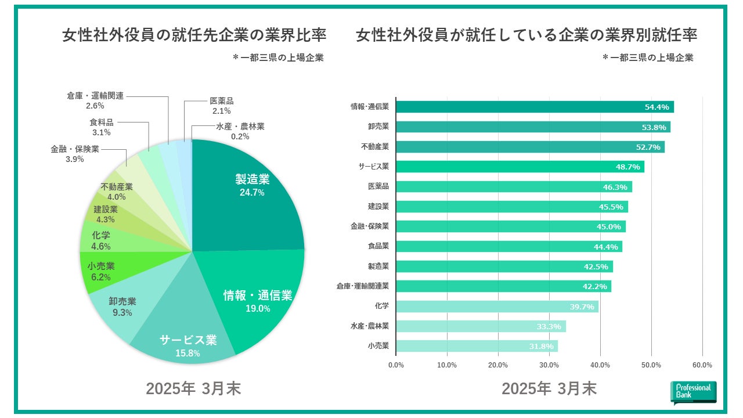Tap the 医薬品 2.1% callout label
point(221,106)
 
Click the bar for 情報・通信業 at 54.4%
point(534,107)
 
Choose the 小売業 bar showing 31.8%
point(476,346)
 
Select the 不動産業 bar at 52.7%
point(529,147)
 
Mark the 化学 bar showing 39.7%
point(496,306)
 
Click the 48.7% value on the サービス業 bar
point(627,167)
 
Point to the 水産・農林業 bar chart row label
point(370,326)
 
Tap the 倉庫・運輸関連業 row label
point(362,286)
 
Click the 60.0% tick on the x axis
point(702,365)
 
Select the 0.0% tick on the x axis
point(396,365)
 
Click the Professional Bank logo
point(693,392)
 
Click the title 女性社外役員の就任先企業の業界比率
point(194,36)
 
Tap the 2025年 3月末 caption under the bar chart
point(549,388)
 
